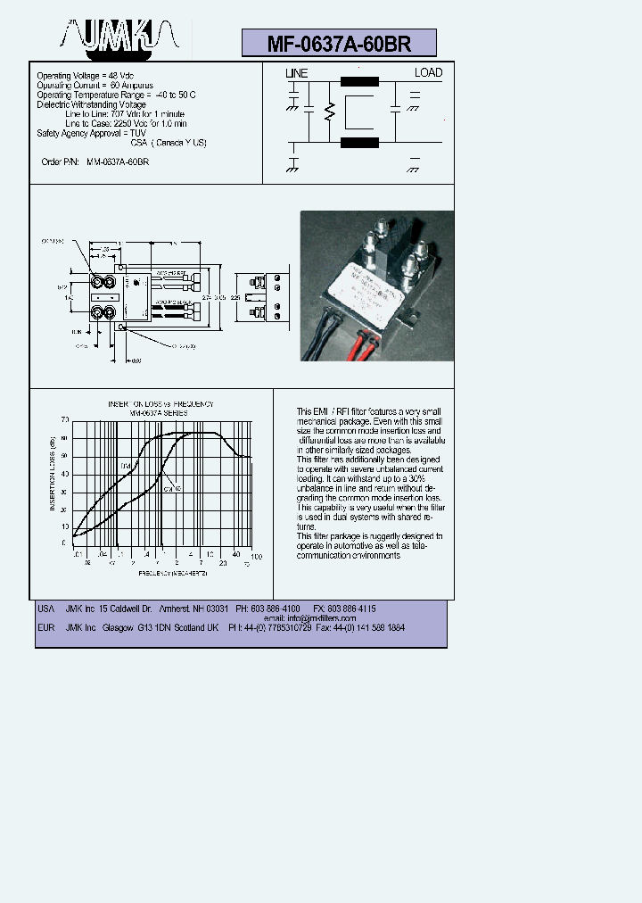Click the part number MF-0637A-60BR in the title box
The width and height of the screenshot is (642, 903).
(339, 44)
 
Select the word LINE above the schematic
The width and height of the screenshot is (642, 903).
(296, 73)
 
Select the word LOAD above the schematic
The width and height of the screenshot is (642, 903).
(428, 72)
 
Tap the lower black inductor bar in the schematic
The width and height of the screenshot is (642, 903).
(359, 142)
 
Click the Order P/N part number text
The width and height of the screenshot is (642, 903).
(118, 162)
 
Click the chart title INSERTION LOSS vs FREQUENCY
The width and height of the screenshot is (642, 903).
(160, 404)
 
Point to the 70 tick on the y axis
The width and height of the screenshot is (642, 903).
(64, 419)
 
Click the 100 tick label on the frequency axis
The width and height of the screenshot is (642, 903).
(256, 557)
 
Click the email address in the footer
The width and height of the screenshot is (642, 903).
(323, 618)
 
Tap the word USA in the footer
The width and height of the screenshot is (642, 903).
(45, 609)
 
